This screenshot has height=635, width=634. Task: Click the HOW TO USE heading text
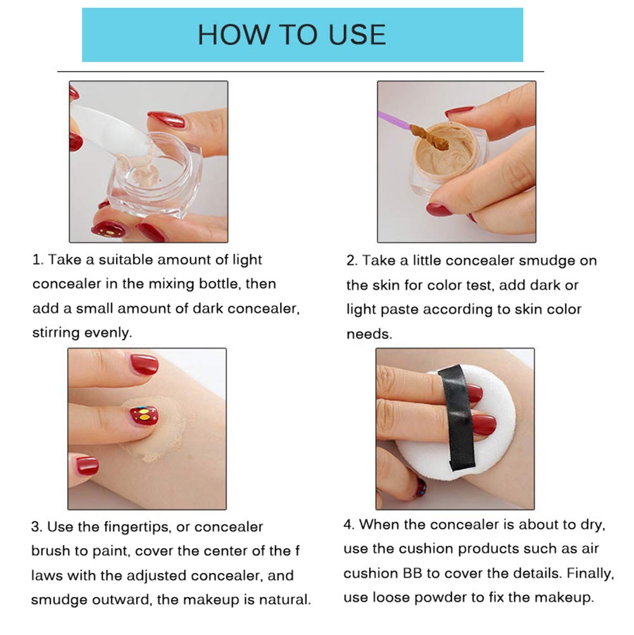tap(292, 34)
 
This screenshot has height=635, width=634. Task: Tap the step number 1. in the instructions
tap(37, 260)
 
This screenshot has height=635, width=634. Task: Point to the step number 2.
tap(352, 261)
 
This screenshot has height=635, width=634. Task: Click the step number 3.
tap(37, 527)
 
